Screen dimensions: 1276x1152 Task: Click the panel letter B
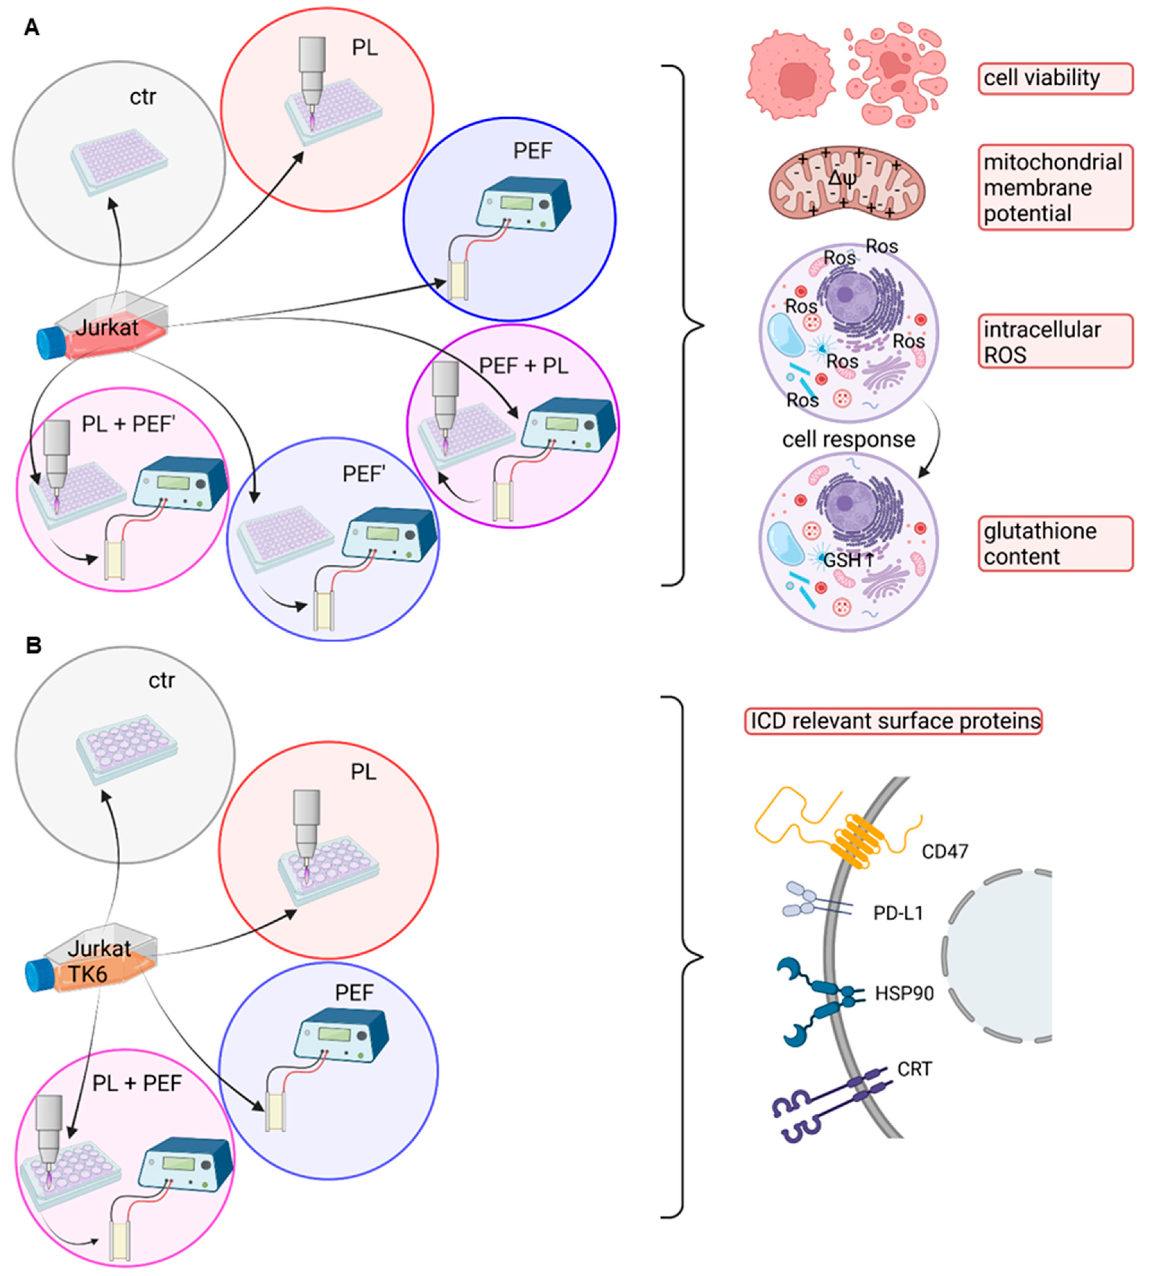(33, 645)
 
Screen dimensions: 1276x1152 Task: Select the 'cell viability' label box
(1055, 78)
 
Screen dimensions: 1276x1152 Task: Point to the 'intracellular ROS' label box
(1055, 341)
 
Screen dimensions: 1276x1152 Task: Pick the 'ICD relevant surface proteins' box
(893, 721)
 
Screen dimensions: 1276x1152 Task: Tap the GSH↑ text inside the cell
(848, 559)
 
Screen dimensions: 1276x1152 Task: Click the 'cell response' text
(848, 439)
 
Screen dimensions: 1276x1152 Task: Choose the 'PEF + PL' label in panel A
(523, 366)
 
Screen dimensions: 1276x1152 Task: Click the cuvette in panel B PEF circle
(275, 1112)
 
